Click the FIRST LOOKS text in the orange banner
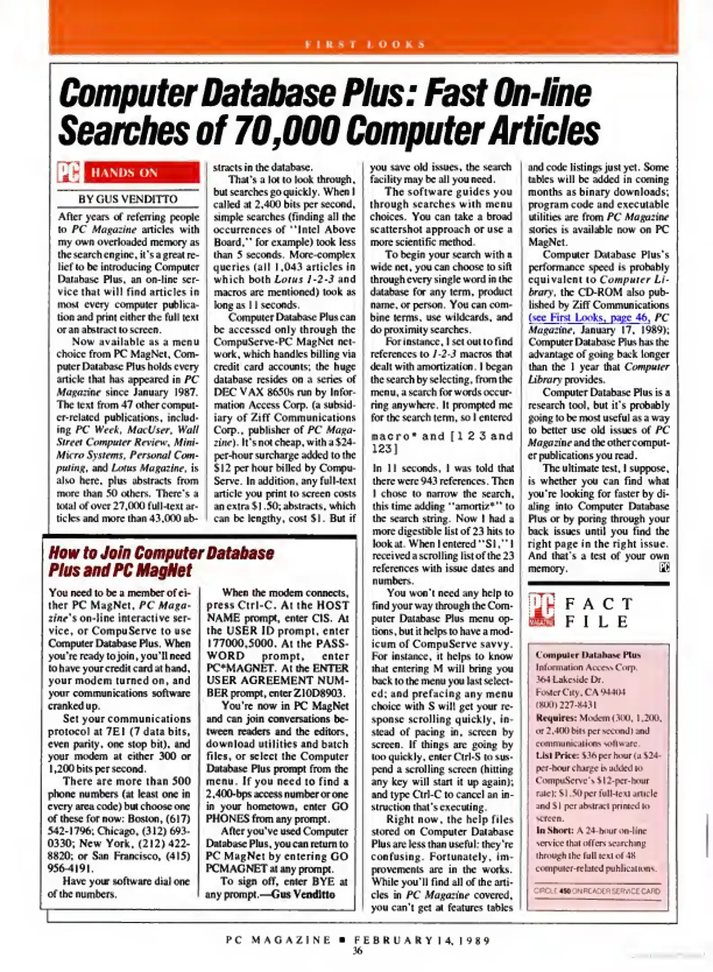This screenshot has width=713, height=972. (364, 44)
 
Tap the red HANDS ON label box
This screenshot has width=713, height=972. (142, 172)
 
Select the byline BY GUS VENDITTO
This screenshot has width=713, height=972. (128, 199)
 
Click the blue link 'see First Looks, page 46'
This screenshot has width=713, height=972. (589, 318)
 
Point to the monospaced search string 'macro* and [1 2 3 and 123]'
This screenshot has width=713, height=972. (442, 442)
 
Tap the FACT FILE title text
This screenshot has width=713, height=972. (599, 612)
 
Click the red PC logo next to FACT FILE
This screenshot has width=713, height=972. (541, 610)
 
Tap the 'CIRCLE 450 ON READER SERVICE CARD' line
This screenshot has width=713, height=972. (597, 891)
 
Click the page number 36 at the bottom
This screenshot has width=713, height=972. (357, 950)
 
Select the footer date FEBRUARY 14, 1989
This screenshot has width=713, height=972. (422, 940)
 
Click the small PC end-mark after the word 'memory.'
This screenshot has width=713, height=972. (664, 568)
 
